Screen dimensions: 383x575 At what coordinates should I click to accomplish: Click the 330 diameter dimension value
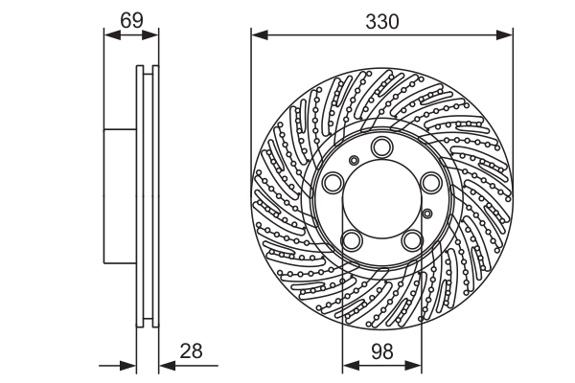[381, 18]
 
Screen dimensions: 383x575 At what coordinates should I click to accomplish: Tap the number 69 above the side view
[131, 18]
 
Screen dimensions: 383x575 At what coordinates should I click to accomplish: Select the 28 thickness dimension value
[192, 350]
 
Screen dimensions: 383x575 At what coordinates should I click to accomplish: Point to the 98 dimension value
[381, 350]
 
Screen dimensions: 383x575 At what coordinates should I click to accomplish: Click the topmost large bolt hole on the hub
[381, 146]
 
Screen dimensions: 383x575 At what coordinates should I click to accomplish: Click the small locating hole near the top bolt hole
[355, 160]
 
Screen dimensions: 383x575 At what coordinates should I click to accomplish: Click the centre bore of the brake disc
[381, 196]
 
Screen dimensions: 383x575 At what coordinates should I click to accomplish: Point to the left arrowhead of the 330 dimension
[258, 35]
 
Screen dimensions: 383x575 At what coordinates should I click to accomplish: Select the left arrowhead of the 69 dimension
[109, 35]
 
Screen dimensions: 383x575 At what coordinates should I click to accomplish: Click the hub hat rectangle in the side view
[120, 196]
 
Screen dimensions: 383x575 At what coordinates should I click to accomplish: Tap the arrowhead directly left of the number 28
[166, 365]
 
